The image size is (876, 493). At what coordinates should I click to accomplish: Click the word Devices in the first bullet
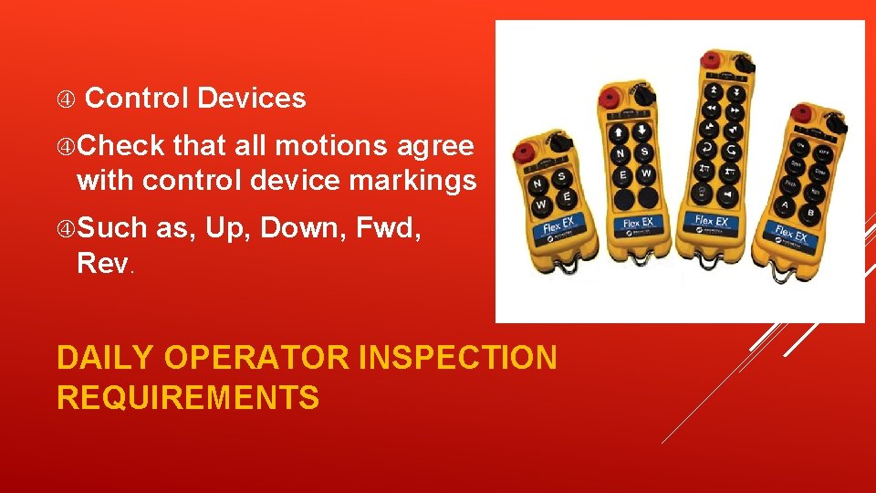point(251,98)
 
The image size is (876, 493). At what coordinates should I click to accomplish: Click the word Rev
point(104,264)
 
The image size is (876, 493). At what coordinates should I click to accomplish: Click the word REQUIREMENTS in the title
point(188,397)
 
